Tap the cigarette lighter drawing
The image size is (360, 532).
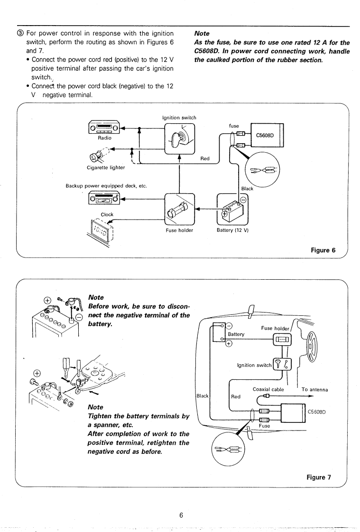tap(101, 154)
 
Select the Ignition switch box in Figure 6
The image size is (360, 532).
tap(179, 138)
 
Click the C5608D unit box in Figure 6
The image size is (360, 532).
tap(264, 135)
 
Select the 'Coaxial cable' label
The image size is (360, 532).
tap(268, 389)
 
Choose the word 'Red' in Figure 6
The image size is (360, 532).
tap(205, 159)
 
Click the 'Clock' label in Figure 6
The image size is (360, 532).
tap(101, 214)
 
